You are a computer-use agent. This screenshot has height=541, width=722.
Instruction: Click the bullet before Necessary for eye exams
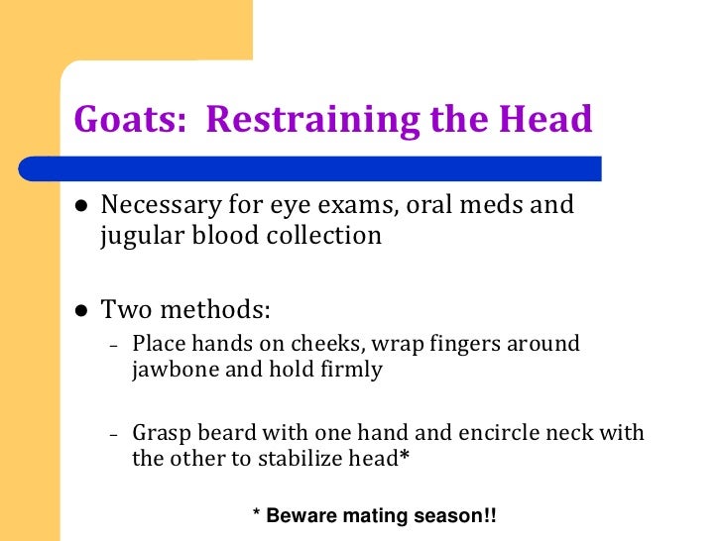(81, 207)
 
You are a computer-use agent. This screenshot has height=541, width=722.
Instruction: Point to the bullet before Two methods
(81, 310)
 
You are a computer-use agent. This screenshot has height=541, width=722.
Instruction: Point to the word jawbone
(168, 373)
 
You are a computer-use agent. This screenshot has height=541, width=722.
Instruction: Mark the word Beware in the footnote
(299, 516)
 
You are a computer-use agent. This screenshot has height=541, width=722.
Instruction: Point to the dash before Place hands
(115, 347)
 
